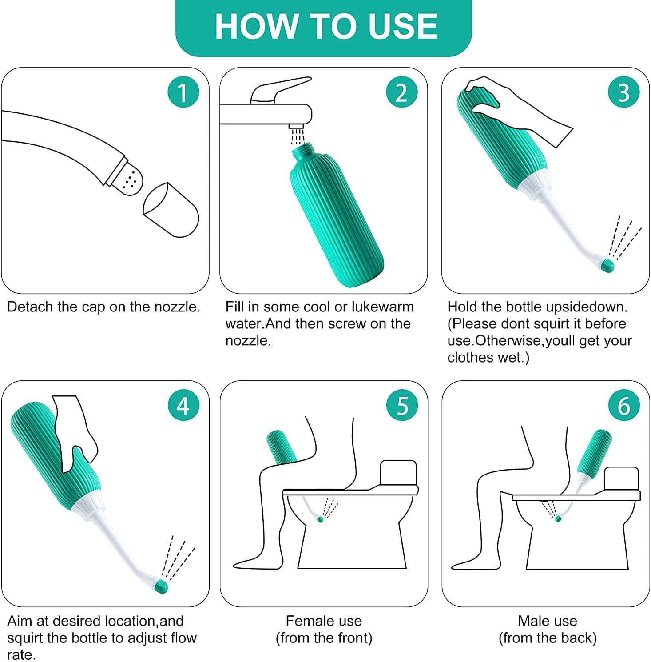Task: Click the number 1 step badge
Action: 183,92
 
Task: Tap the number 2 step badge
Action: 401,92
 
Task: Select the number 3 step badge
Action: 623,92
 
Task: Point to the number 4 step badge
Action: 183,405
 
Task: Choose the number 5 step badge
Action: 402,405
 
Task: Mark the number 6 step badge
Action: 623,405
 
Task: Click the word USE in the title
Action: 403,26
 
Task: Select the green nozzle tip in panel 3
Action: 607,266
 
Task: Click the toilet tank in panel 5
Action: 398,473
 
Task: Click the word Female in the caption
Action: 307,621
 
